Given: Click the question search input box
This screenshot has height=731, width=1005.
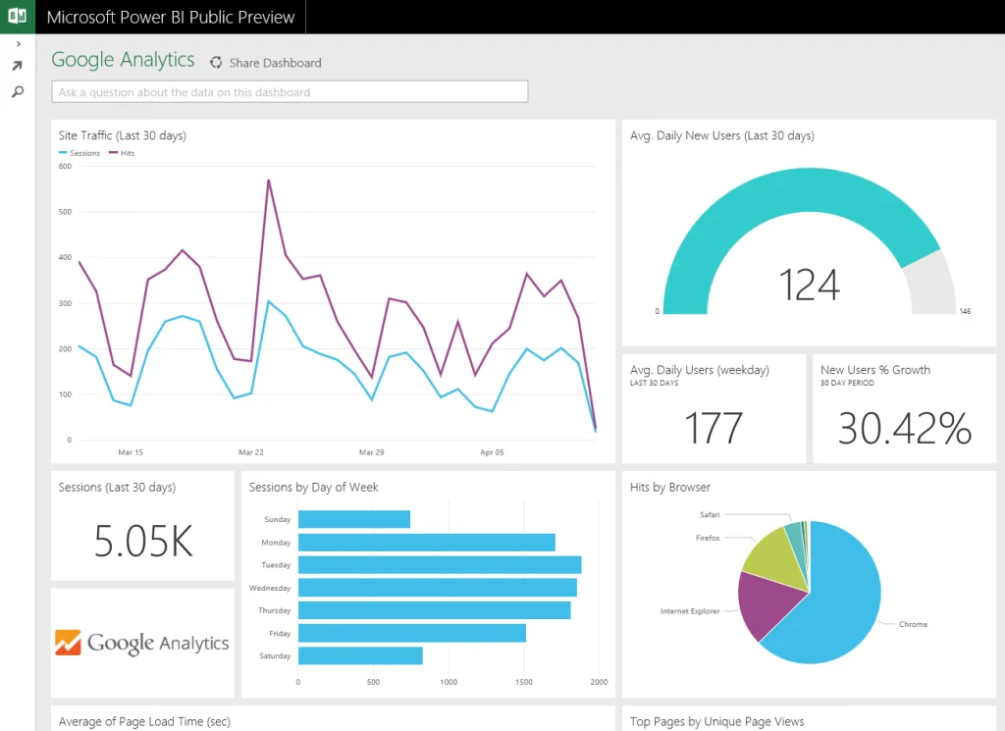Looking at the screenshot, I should [290, 92].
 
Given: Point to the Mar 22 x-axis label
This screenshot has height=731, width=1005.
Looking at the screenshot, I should [251, 452].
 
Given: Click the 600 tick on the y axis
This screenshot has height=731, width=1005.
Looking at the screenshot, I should [65, 166].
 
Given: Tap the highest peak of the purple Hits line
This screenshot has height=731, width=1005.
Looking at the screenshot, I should [268, 181].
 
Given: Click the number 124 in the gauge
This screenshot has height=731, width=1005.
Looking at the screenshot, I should [809, 285].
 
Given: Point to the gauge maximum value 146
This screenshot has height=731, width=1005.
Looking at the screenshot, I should [964, 311].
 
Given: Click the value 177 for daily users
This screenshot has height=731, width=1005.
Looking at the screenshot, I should [714, 429].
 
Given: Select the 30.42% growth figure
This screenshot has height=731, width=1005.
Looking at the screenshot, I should [904, 429].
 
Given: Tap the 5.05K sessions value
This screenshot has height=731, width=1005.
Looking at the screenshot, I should [143, 541].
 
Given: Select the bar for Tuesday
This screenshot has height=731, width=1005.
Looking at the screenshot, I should [439, 565].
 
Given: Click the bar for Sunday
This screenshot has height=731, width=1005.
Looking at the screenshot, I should [353, 519].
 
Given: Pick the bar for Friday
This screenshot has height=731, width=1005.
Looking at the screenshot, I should [411, 634].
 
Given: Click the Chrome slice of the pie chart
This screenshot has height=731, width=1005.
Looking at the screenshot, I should [834, 608].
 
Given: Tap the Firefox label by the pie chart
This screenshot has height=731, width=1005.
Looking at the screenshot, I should [708, 538].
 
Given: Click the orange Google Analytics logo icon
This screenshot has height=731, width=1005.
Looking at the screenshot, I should [68, 643].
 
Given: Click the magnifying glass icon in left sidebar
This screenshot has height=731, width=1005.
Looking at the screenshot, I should [17, 91].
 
